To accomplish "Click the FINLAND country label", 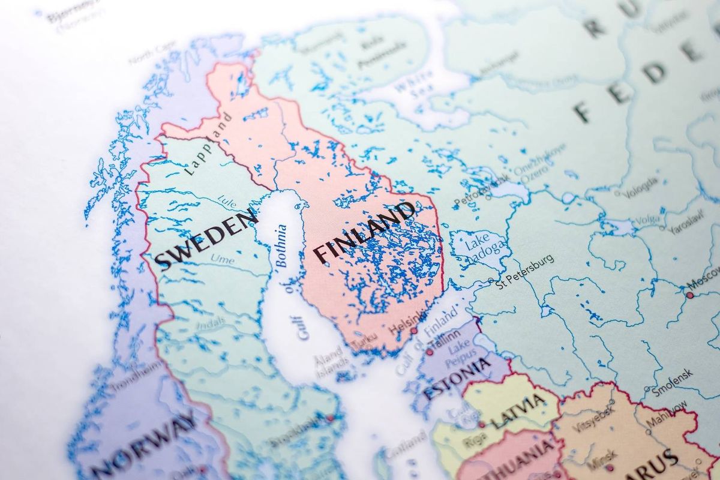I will click(x=365, y=232).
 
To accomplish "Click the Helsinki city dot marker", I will click(x=413, y=331).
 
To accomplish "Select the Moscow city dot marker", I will click(x=690, y=295).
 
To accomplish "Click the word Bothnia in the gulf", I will click(x=281, y=245).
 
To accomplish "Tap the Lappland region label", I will click(x=208, y=145).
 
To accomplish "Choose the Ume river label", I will click(x=222, y=260).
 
